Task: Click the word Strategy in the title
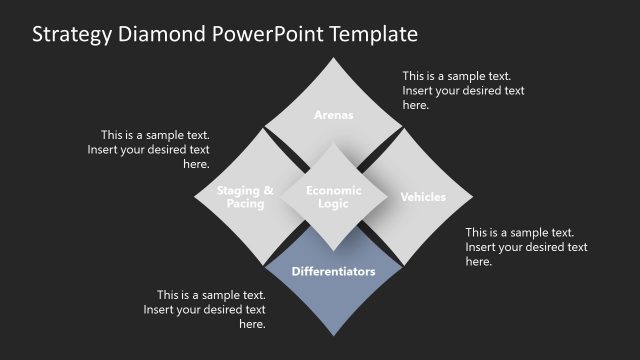[x=71, y=35]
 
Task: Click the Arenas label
[x=334, y=115]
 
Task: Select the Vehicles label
[x=423, y=197]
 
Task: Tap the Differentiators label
[x=334, y=271]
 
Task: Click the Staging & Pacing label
[x=245, y=197]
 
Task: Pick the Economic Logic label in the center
[x=334, y=197]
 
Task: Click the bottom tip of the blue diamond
[x=334, y=338]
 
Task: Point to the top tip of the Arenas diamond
[x=334, y=57]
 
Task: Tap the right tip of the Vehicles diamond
[x=474, y=197]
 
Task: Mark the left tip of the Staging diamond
[x=194, y=197]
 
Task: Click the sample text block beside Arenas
[x=463, y=90]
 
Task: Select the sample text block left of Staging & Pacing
[x=155, y=149]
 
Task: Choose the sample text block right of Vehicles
[x=526, y=247]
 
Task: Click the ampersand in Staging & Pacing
[x=268, y=190]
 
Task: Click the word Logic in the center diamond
[x=334, y=204]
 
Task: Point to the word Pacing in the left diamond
[x=245, y=204]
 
